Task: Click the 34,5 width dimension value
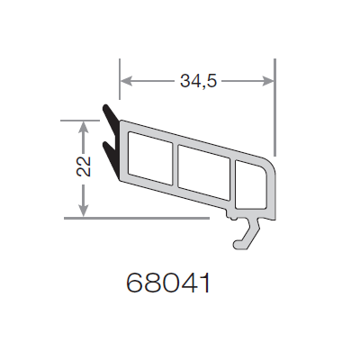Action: pos(198,81)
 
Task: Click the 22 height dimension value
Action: pos(84,166)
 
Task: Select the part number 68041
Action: pos(169,283)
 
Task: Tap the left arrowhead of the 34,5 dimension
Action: pos(126,81)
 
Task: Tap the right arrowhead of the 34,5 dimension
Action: pos(268,81)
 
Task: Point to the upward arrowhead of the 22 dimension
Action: pos(84,127)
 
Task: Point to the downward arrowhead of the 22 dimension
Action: pos(84,210)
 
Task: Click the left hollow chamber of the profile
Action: pos(150,158)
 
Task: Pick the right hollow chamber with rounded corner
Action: pos(251,184)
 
